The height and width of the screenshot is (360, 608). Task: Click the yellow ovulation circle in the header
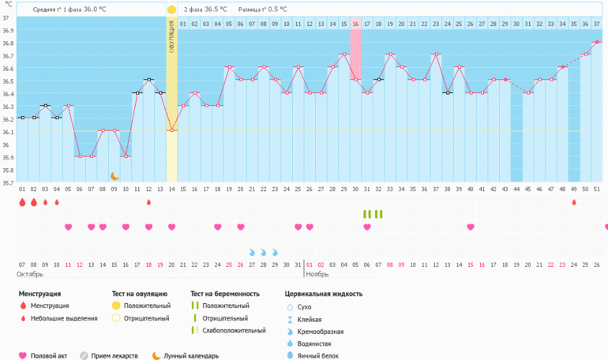pos(171,9)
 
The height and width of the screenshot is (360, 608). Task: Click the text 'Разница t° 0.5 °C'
pos(263,9)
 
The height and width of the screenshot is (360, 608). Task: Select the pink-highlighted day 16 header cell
pos(355,24)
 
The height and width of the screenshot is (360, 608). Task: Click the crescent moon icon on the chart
pos(114,176)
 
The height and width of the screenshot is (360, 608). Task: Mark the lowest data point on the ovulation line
pos(171,130)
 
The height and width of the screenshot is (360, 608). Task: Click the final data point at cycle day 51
pos(597,42)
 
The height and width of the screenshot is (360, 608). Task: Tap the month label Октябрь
pos(30,274)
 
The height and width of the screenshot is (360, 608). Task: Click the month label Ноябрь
pos(317,274)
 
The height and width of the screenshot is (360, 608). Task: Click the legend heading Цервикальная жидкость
pos(324,294)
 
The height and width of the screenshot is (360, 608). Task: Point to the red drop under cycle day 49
pos(574,202)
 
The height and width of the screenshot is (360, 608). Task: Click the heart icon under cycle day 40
pos(471,227)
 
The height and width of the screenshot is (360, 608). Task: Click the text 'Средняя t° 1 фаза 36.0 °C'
pos(69,9)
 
